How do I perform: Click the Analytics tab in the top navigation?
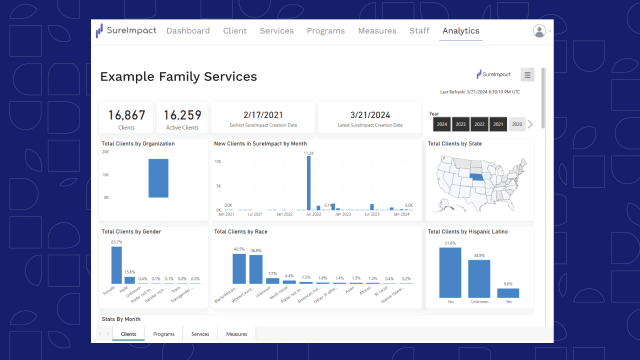[x=460, y=31]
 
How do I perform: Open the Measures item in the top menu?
[x=377, y=31]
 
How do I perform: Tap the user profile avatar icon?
[x=539, y=31]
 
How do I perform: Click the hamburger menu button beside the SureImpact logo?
[x=527, y=74]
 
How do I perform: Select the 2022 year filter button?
[x=479, y=124]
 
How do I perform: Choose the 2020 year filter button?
[x=517, y=124]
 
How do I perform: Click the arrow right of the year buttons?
[x=530, y=124]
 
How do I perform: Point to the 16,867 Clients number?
[x=126, y=115]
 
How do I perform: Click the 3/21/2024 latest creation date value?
[x=370, y=115]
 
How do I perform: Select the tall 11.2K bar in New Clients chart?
[x=308, y=182]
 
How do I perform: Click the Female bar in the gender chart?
[x=116, y=265]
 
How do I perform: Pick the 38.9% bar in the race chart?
[x=256, y=269]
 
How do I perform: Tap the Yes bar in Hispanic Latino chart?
[x=508, y=293]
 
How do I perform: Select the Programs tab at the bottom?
[x=163, y=334]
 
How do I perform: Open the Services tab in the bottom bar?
[x=200, y=334]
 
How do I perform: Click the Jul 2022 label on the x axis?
[x=313, y=214]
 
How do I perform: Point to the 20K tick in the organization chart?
[x=105, y=152]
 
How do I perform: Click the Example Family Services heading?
[x=178, y=76]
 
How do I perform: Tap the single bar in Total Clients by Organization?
[x=158, y=178]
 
